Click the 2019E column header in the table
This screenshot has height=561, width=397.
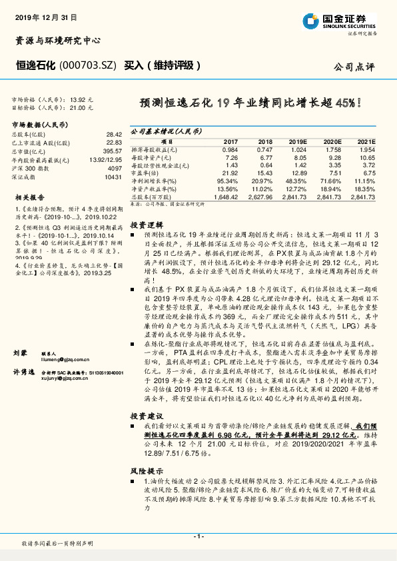coord(297,142)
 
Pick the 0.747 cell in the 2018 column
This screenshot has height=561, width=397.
coord(265,149)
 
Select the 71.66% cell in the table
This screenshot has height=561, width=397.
coord(332,181)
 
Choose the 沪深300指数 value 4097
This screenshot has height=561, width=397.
coord(115,169)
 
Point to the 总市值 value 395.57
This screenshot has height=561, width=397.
coord(113,152)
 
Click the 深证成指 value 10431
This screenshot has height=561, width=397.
coord(113,178)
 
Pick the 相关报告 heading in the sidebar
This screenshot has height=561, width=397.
coord(30,198)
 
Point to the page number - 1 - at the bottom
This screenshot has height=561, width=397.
coord(198,536)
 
